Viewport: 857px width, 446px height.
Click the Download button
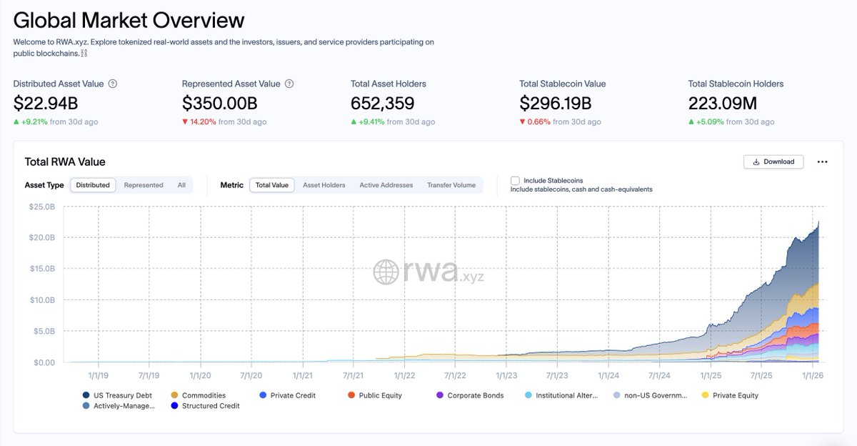(773, 162)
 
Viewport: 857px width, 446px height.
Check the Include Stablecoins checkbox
(515, 181)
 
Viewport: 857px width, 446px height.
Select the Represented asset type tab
(144, 185)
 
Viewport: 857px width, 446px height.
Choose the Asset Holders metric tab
(324, 185)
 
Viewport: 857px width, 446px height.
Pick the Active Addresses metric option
(386, 185)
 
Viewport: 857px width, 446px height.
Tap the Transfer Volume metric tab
(451, 185)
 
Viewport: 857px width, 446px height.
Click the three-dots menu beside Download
(822, 162)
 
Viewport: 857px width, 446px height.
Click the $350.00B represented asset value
(219, 104)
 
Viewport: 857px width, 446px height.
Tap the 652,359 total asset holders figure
(383, 104)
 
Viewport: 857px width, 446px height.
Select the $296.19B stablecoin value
(555, 104)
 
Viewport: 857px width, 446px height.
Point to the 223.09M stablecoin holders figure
(722, 104)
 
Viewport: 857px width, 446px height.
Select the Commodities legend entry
(203, 395)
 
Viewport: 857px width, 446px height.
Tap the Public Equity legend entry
(379, 395)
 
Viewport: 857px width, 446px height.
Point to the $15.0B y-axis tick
(41, 269)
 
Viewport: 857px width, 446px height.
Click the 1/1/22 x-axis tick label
(404, 375)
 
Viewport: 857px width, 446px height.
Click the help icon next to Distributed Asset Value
(113, 84)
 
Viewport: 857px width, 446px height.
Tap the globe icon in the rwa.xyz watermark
(386, 272)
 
